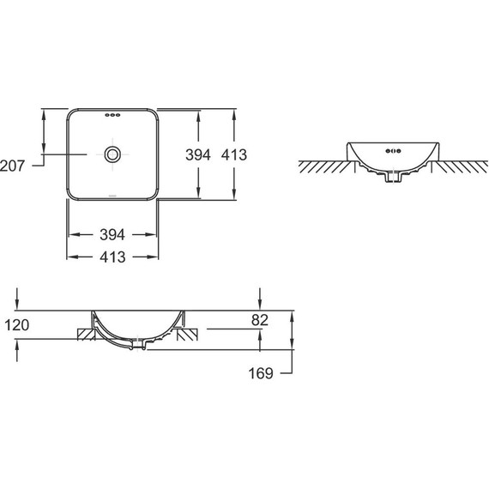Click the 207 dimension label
click(x=12, y=166)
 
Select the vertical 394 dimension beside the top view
click(x=198, y=154)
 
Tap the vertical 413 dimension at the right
click(x=234, y=154)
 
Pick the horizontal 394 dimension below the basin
click(x=112, y=234)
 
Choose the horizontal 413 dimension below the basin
click(x=112, y=257)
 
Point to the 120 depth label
click(x=17, y=325)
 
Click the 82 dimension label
click(x=260, y=320)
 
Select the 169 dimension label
click(x=261, y=373)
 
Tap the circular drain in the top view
click(x=112, y=154)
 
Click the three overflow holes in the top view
click(x=112, y=116)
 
